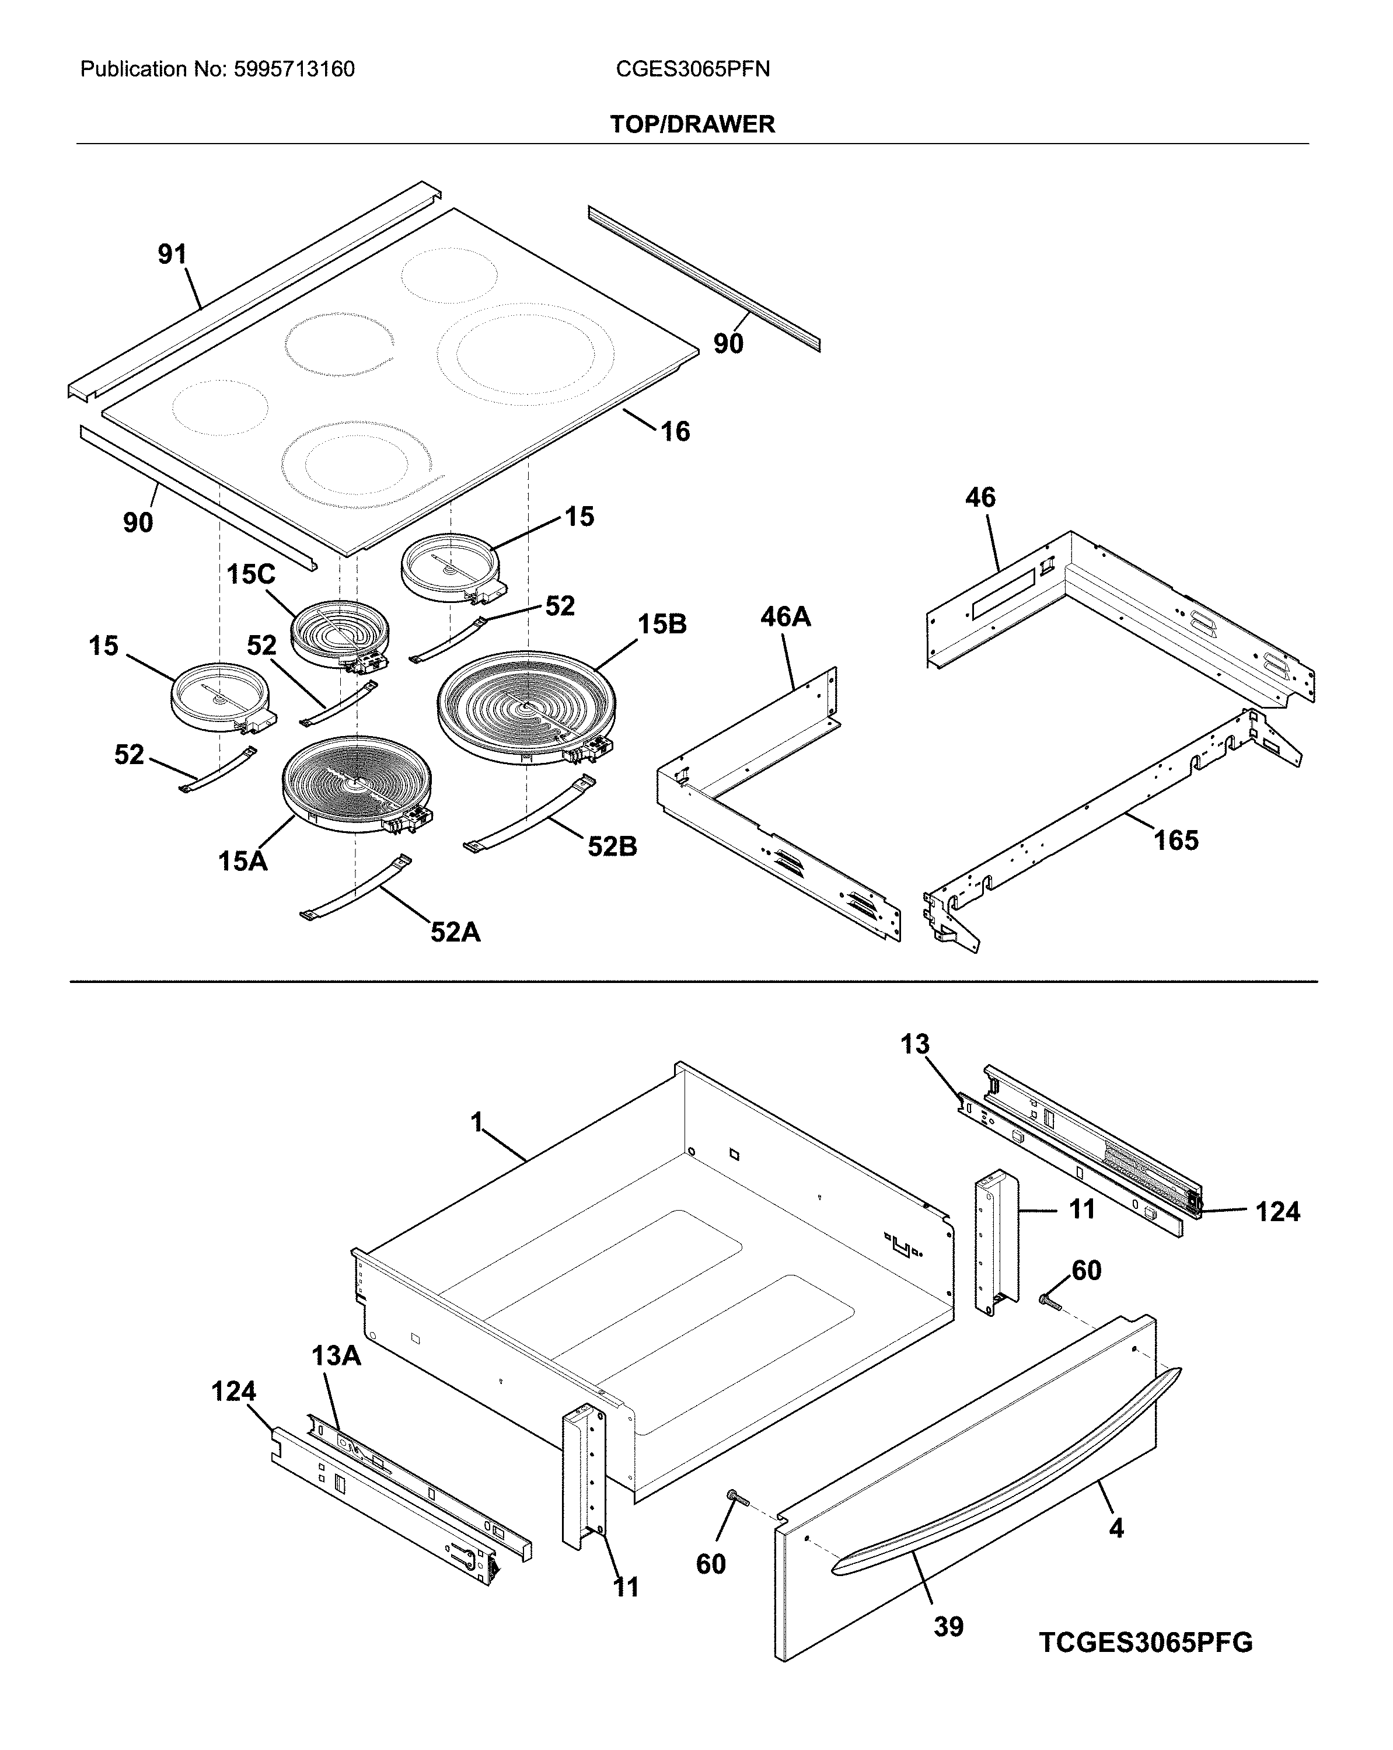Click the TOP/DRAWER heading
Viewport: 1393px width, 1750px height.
[x=692, y=124]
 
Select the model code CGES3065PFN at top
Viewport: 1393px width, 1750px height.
[x=692, y=69]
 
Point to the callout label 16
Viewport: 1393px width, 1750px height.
[x=675, y=431]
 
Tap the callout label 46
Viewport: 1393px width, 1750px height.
[x=980, y=497]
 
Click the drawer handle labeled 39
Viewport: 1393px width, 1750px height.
[x=1006, y=1501]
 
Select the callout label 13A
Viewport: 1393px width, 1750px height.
[x=336, y=1355]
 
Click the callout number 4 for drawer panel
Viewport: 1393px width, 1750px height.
[x=1116, y=1528]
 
